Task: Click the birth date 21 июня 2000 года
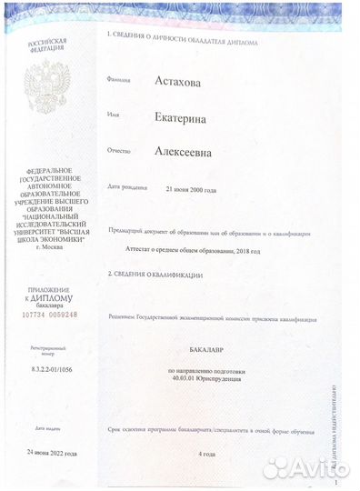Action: point(190,189)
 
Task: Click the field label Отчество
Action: point(120,151)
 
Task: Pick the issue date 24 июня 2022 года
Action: point(51,452)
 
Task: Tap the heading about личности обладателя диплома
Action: point(182,42)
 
